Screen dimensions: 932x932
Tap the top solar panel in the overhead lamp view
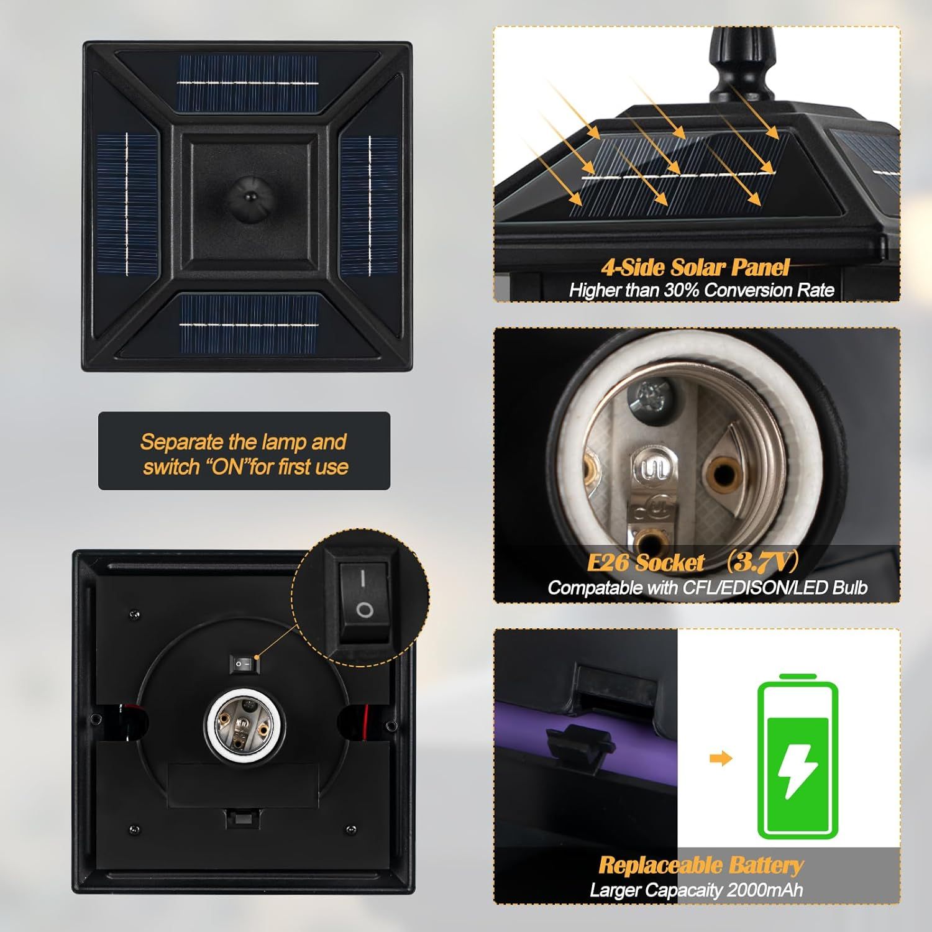coord(247,83)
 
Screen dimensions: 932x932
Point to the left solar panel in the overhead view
coord(127,204)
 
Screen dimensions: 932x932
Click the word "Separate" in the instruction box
coord(181,442)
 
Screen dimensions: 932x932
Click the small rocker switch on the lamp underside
coord(244,665)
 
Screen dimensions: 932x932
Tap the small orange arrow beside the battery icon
coord(721,758)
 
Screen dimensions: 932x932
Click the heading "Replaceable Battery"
coord(700,865)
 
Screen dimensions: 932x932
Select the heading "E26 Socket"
coord(646,562)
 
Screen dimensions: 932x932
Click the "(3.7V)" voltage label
coord(761,561)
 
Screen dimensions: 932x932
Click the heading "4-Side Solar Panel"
coord(695,267)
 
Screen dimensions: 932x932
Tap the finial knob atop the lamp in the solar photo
coord(741,67)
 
